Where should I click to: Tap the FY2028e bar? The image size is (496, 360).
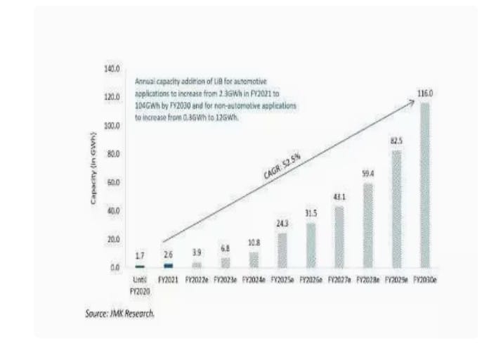click(367, 225)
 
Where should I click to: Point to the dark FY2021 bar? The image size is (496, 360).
click(168, 266)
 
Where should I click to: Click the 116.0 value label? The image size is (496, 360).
click(424, 94)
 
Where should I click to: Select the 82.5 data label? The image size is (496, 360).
click(396, 141)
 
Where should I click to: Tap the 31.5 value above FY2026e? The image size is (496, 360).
click(311, 214)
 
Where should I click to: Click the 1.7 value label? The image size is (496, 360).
click(139, 257)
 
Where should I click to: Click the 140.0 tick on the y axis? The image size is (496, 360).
click(112, 69)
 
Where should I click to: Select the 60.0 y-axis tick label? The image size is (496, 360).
click(112, 183)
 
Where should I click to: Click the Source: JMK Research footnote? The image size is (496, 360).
click(119, 314)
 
